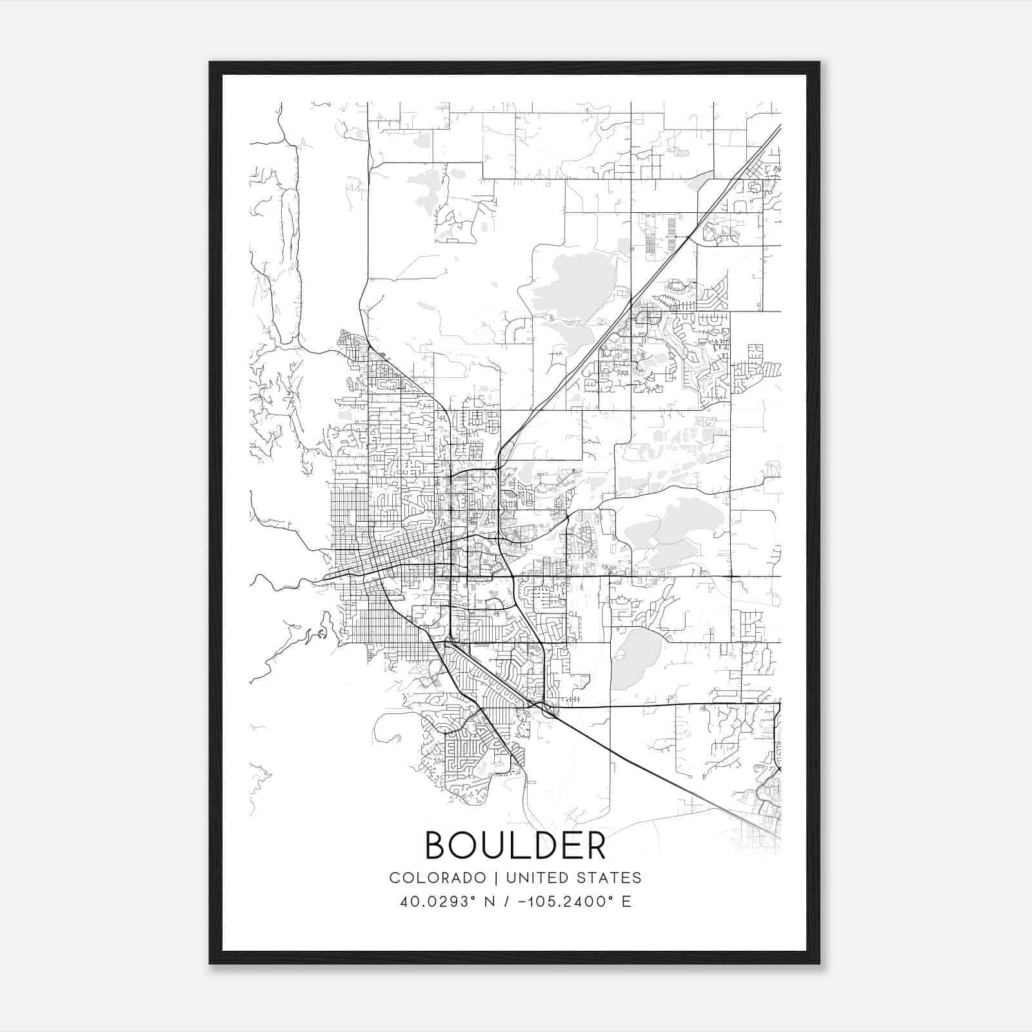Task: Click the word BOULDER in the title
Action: point(515,846)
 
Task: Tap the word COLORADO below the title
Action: point(437,878)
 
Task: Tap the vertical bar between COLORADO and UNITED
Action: point(497,878)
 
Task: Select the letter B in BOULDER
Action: point(437,846)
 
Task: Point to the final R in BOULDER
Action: point(596,846)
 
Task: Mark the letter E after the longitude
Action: point(626,902)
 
